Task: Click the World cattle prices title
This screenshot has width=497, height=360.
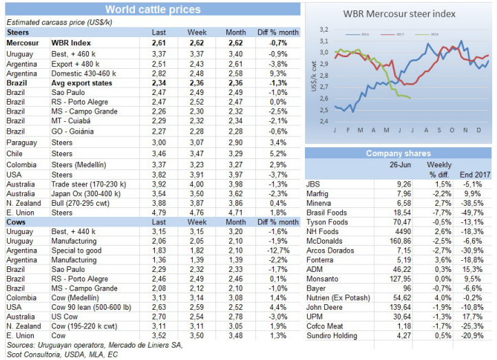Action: tap(152, 10)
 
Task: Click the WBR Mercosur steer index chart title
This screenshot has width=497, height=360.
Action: tap(399, 13)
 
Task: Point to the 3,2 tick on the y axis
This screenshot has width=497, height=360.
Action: tap(324, 29)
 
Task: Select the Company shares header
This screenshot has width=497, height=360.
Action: tap(398, 153)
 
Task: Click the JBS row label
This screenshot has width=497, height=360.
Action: tap(313, 184)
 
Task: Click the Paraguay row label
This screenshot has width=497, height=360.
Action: tap(22, 141)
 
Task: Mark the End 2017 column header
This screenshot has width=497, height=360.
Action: tap(476, 175)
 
